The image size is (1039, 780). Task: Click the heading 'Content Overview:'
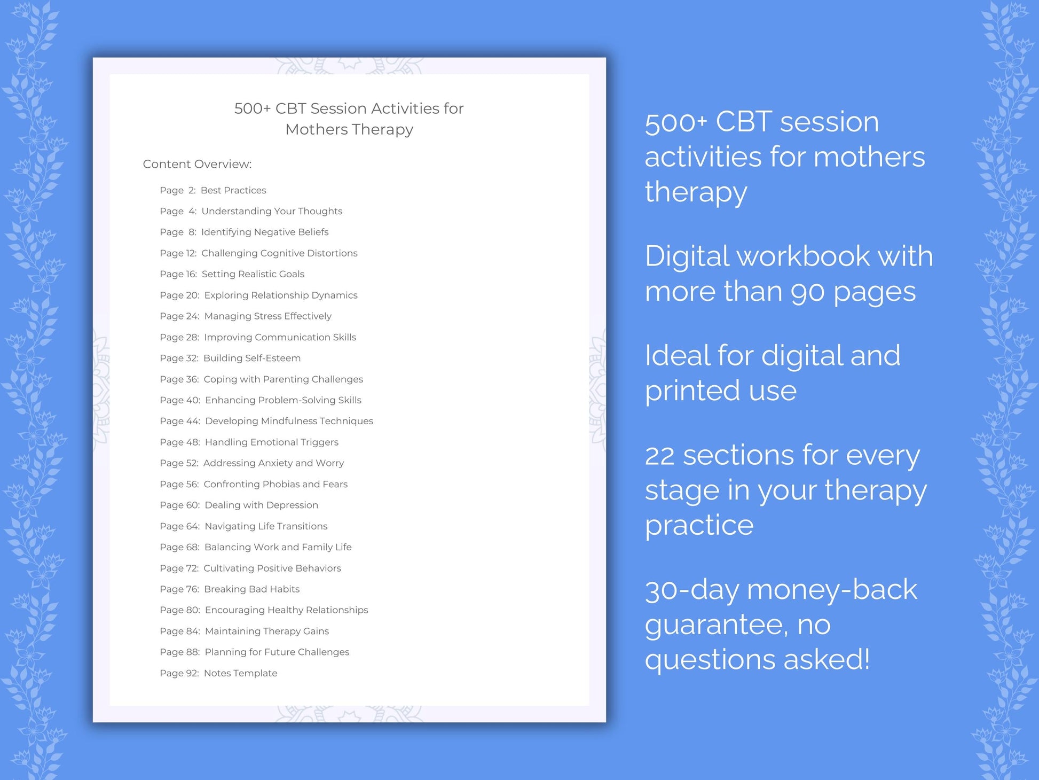point(197,164)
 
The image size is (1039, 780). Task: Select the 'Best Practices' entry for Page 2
point(233,190)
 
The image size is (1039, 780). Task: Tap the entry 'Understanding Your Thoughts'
point(272,211)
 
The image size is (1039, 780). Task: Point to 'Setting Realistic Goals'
point(253,274)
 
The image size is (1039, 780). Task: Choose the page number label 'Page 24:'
point(179,316)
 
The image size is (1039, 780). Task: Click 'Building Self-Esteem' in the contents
point(252,358)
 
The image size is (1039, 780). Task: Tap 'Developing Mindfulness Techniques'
point(289,421)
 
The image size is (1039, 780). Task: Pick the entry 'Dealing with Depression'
point(261,505)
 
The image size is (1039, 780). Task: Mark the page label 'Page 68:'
point(179,547)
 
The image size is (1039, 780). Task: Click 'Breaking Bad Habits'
point(251,589)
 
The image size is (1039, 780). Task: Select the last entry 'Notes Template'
point(240,673)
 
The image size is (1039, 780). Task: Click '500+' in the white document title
point(252,108)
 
